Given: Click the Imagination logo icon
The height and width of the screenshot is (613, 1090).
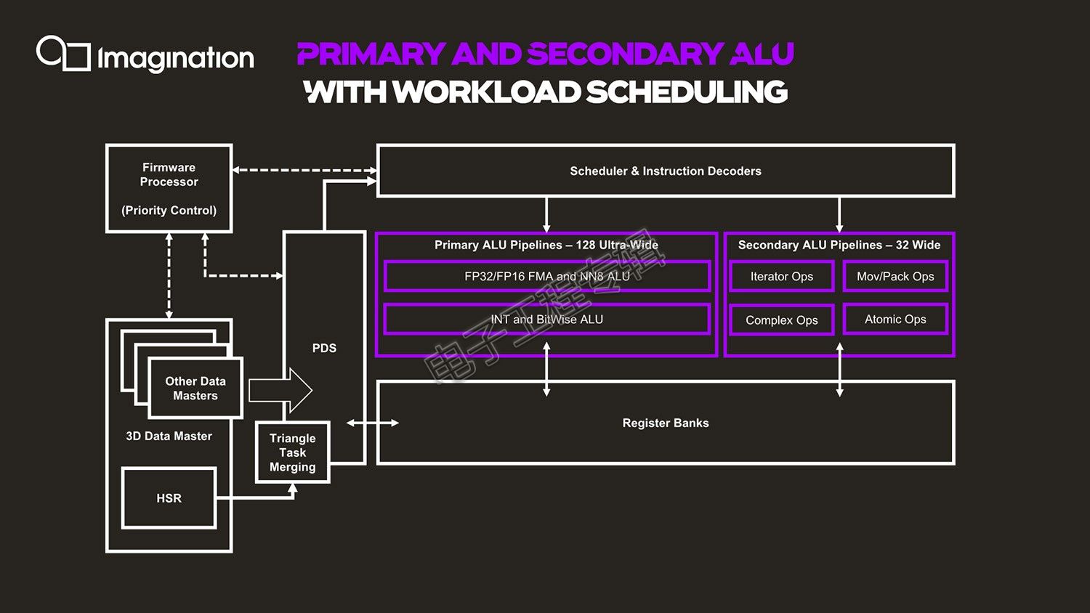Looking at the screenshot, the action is [63, 53].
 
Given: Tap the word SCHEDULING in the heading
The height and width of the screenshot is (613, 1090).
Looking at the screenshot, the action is [687, 92].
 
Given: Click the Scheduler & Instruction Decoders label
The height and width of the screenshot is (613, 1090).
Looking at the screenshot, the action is [665, 171].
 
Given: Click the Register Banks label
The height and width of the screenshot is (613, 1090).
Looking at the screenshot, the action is [665, 423].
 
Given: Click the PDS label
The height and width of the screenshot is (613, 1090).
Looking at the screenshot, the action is [324, 348].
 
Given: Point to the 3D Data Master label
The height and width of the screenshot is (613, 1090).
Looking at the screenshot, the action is [169, 436].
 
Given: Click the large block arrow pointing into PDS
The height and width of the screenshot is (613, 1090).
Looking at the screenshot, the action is [280, 390].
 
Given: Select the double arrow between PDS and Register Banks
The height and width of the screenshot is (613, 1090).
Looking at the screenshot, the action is [372, 423].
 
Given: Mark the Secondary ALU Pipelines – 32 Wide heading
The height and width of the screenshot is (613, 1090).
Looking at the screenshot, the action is [839, 245].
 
